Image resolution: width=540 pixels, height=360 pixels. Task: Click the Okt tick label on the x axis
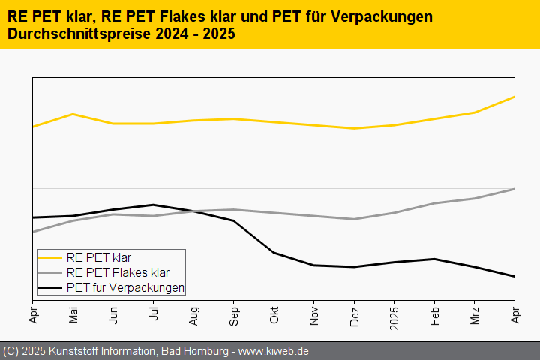[274, 316]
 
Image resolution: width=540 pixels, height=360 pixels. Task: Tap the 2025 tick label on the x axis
[394, 318]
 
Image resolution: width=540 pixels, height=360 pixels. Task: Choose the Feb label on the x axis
[434, 316]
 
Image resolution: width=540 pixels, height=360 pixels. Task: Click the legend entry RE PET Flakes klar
[118, 272]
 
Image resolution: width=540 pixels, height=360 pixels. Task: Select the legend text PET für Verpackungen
[125, 287]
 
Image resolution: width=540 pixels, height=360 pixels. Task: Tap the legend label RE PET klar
[98, 257]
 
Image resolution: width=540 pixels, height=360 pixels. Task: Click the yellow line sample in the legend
[50, 257]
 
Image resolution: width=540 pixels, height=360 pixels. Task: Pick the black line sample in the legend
[50, 287]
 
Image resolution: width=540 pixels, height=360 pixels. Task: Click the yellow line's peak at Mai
[73, 114]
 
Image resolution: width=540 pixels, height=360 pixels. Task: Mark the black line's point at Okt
[274, 253]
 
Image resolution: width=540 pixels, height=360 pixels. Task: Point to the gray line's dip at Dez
[354, 219]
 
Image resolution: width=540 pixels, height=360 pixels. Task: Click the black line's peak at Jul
[153, 205]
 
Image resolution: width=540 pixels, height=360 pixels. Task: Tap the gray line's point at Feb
[434, 203]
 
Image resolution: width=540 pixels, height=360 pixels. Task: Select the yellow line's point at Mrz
[474, 112]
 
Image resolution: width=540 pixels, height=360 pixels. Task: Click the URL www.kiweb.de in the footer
[274, 351]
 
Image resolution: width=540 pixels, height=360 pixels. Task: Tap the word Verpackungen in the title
[383, 16]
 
